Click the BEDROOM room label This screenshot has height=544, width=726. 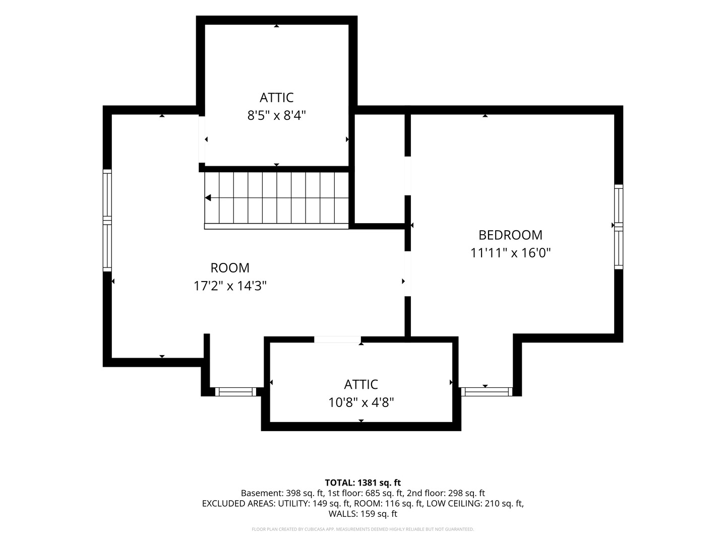510,235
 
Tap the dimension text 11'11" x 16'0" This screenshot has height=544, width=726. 510,253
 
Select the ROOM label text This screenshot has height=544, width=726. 230,268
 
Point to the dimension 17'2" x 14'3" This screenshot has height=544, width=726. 230,286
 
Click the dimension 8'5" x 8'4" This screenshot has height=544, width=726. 276,116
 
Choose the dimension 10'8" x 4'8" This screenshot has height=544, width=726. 361,402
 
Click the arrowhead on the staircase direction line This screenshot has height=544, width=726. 208,198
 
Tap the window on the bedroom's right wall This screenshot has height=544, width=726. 619,227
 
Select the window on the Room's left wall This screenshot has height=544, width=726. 107,220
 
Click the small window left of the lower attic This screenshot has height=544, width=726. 235,392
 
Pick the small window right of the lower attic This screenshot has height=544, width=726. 487,392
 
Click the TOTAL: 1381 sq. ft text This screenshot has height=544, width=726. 363,483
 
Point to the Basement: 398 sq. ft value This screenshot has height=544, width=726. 282,493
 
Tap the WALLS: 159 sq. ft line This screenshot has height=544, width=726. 363,514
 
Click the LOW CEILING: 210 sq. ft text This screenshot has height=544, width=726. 474,504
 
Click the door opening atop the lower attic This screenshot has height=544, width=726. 337,339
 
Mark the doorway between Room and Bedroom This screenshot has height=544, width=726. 408,274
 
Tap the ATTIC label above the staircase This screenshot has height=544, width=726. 276,98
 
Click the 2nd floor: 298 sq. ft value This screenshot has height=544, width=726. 446,493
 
